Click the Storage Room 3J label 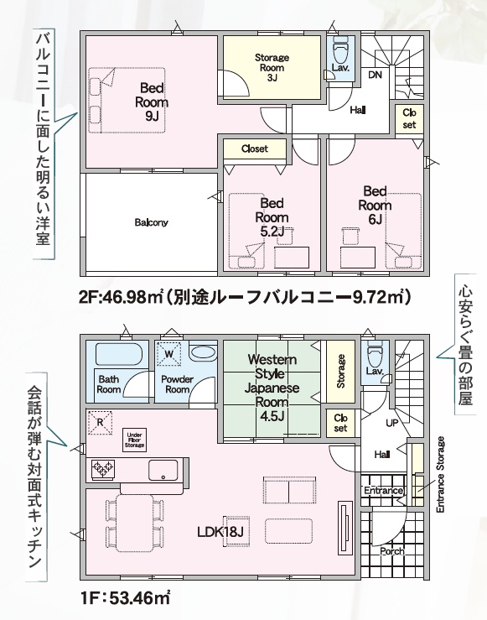tap(272, 67)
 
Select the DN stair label tap(376, 74)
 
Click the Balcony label tap(151, 222)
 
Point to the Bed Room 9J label tap(152, 102)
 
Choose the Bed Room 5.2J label tap(272, 217)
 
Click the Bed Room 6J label tap(375, 205)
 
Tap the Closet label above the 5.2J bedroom tap(255, 148)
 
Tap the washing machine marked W tap(168, 353)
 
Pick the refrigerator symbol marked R tap(100, 422)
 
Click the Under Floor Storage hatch tap(134, 440)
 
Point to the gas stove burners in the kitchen tap(103, 469)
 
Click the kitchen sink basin tap(163, 470)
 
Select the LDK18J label tap(220, 532)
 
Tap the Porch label tap(392, 551)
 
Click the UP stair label tap(391, 423)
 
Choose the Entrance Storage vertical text tap(440, 475)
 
